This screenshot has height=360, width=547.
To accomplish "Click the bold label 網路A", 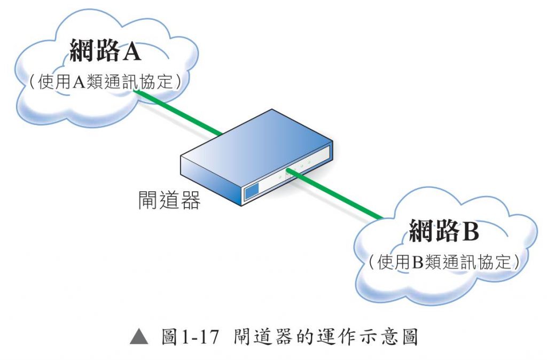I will (105, 51).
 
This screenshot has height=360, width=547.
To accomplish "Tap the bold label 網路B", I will (444, 230).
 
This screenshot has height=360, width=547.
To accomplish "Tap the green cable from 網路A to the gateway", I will (179, 112).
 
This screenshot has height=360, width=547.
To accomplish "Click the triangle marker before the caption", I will (139, 337).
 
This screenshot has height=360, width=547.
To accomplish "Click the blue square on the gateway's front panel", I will (251, 191).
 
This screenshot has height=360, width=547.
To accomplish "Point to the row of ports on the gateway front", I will (291, 171).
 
